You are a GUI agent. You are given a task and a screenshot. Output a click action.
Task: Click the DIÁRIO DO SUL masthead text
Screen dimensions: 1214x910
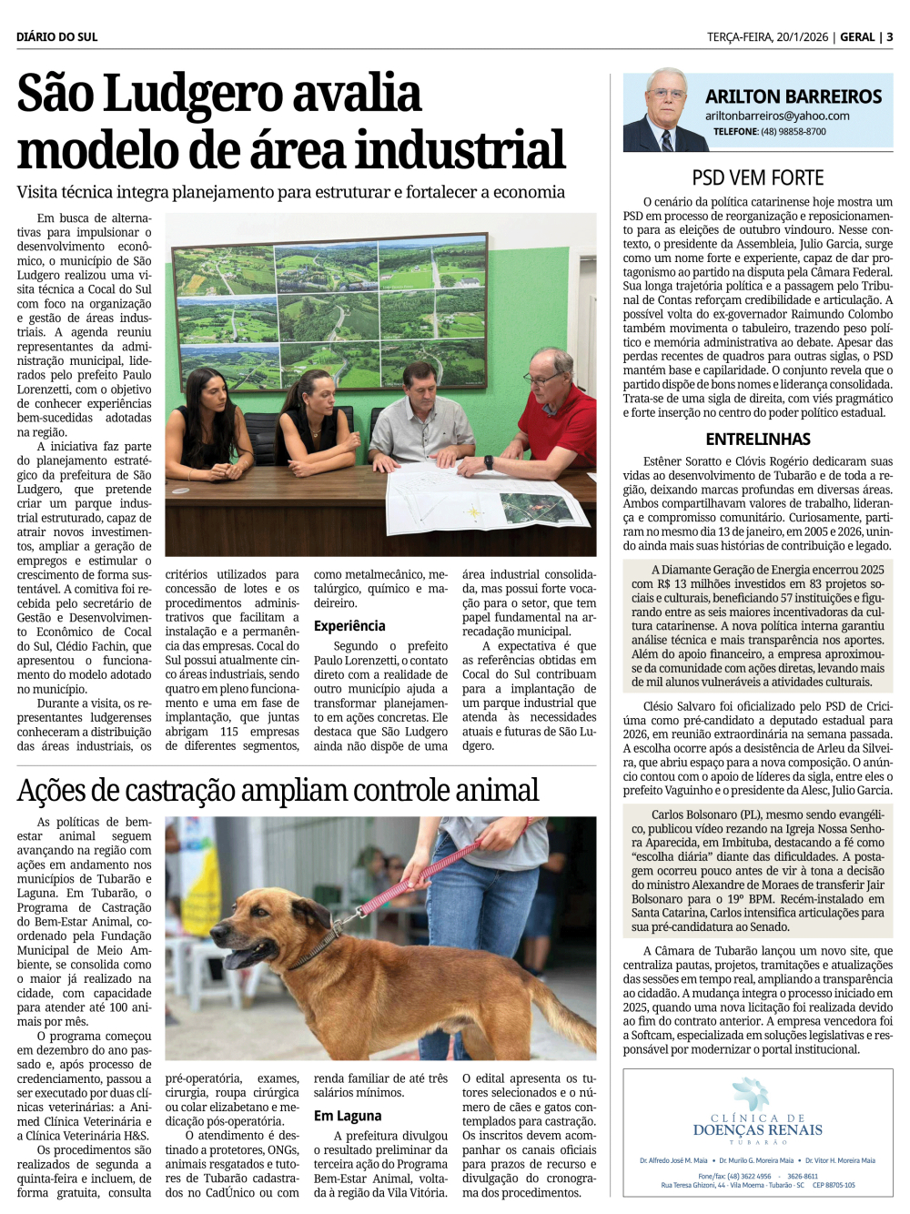point(56,36)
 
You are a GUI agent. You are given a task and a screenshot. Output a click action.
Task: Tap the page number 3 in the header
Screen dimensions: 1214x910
point(889,36)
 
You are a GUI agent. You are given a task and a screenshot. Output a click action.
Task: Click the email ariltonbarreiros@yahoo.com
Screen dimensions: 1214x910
point(777,116)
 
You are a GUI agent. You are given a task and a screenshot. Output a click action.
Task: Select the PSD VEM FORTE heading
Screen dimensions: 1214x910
point(757,177)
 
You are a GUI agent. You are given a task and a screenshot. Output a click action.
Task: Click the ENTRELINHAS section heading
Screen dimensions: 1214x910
point(757,439)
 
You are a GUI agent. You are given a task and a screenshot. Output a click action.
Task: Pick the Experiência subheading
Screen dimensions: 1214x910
point(349,626)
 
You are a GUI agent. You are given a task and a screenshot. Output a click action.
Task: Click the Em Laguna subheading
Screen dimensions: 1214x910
point(348,1116)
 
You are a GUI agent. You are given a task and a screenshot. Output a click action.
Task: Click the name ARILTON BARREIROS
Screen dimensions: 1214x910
point(794,96)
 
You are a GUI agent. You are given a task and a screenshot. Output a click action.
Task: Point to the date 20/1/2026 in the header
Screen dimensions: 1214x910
point(802,36)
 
